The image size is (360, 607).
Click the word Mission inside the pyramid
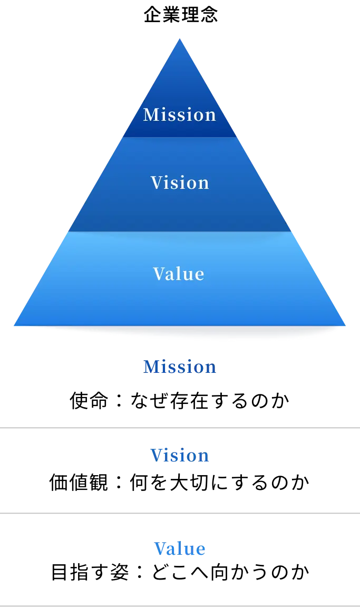[x=180, y=114]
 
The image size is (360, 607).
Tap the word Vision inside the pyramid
[x=180, y=182]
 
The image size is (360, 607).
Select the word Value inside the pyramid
[x=179, y=274]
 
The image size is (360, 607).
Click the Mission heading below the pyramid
[x=180, y=367]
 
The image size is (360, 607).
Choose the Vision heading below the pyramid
[x=180, y=456]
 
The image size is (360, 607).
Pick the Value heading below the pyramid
[x=180, y=549]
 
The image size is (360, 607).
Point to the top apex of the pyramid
[x=180, y=40]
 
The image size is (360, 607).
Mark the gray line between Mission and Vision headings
[x=180, y=428]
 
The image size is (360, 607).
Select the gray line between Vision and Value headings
[x=180, y=513]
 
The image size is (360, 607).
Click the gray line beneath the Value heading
[x=180, y=604]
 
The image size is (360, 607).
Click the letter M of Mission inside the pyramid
[x=150, y=114]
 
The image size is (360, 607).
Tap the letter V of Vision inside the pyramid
[x=156, y=182]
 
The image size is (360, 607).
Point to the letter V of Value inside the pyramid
[x=158, y=274]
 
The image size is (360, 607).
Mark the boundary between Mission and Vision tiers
[x=180, y=137]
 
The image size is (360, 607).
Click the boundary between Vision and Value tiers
[x=180, y=232]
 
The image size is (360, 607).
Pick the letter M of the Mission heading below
[x=151, y=367]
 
